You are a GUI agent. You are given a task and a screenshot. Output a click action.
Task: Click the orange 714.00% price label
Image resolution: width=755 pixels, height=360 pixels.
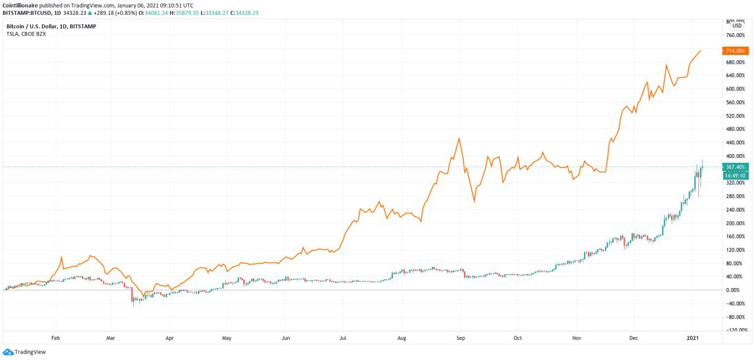pyautogui.click(x=737, y=51)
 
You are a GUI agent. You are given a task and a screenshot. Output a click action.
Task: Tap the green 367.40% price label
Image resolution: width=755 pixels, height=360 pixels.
pyautogui.click(x=737, y=167)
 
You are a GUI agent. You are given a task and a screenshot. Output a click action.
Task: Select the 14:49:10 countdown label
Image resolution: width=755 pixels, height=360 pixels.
pyautogui.click(x=737, y=176)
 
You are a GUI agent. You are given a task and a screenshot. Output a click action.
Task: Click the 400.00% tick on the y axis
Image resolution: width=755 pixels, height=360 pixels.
pyautogui.click(x=734, y=156)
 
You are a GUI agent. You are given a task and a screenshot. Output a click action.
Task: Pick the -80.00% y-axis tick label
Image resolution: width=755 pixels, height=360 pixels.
pyautogui.click(x=734, y=317)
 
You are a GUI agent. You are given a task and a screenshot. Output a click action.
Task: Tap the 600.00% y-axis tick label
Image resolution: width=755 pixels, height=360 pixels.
pyautogui.click(x=734, y=89)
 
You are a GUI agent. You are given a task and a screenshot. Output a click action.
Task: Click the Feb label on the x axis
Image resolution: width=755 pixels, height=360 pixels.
pyautogui.click(x=56, y=339)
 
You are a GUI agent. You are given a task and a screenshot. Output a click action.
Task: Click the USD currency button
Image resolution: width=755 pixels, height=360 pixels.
pyautogui.click(x=737, y=26)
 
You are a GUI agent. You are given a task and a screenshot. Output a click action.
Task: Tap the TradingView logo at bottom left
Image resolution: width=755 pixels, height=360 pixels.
pyautogui.click(x=24, y=352)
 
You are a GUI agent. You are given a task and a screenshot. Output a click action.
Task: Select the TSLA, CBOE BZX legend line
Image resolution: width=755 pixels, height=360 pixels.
pyautogui.click(x=26, y=34)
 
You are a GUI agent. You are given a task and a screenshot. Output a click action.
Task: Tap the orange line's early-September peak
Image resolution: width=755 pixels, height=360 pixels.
pyautogui.click(x=459, y=139)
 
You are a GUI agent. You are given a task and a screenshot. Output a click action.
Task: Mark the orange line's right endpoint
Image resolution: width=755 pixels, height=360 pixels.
pyautogui.click(x=701, y=51)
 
